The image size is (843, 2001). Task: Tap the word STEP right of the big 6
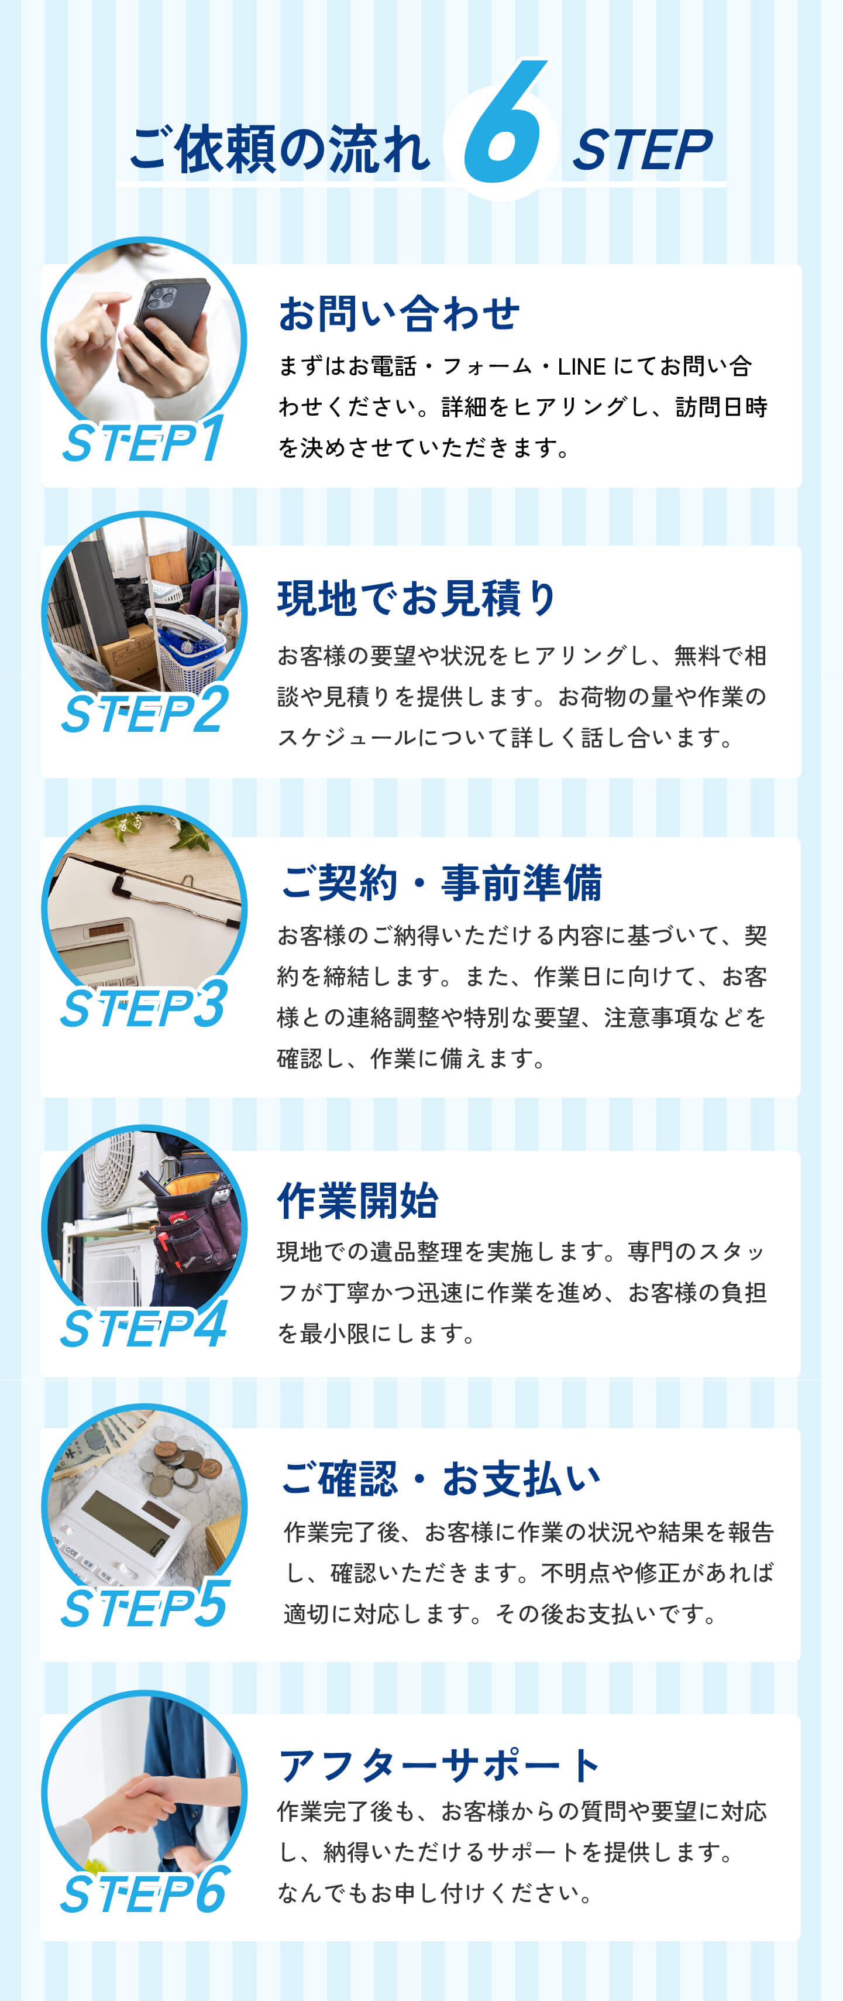click(642, 149)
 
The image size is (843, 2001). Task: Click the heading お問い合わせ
click(399, 313)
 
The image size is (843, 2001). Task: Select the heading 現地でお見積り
click(417, 598)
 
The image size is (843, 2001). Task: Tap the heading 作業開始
click(358, 1200)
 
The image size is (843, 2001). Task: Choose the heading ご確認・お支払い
click(440, 1478)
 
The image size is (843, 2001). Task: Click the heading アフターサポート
click(439, 1765)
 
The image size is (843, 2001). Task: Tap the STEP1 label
click(143, 440)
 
